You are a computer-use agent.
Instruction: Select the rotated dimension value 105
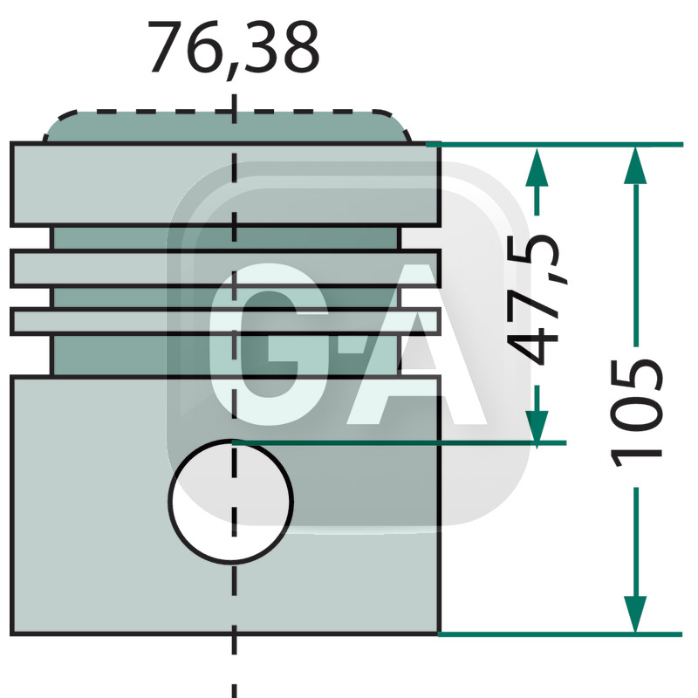(636, 410)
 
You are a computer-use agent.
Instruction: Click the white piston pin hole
(230, 499)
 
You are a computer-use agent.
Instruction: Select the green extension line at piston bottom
(558, 633)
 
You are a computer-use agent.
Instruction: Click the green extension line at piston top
(558, 144)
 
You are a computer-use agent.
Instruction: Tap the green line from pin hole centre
(393, 443)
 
